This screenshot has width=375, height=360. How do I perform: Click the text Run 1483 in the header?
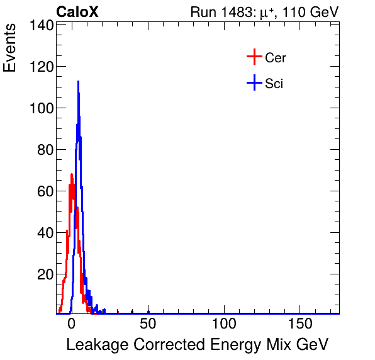click(220, 12)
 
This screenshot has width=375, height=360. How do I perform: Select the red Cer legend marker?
click(254, 57)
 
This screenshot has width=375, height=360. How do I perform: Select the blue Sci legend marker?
click(254, 83)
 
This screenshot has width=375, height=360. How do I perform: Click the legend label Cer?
click(276, 58)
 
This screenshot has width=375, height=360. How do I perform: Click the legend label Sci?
click(274, 84)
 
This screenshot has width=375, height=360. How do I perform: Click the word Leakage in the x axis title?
click(94, 345)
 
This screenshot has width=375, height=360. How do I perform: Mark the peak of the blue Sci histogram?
click(78, 81)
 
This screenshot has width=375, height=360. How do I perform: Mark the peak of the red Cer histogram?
click(72, 174)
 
